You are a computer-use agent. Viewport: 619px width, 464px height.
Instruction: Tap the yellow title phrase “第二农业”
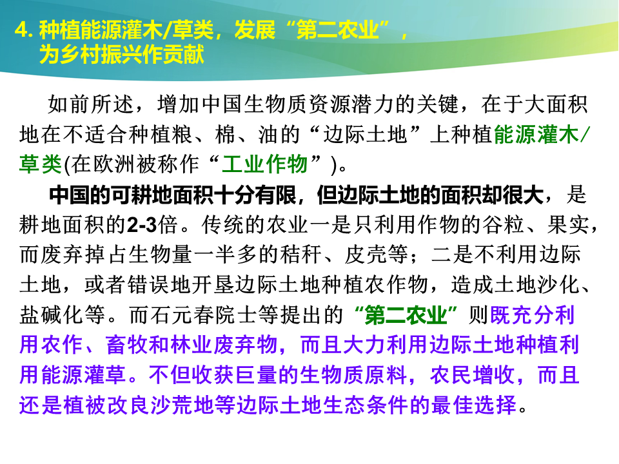pos(337,30)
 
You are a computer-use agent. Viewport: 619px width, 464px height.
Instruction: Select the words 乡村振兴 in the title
pos(101,54)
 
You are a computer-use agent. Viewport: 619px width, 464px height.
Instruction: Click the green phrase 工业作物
pos(264,164)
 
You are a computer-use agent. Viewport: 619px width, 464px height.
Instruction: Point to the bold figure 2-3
pos(142,225)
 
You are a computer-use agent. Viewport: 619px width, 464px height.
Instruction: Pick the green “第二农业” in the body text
pos(406,315)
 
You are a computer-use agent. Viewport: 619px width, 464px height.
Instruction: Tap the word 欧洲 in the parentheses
pos(115,164)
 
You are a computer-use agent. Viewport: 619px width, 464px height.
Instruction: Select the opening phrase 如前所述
pos(91,104)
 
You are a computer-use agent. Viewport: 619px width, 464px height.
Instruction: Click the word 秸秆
pos(301,255)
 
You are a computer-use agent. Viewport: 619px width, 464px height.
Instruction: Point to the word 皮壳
pos(366,255)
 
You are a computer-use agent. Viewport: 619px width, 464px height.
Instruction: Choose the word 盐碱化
pos(51,315)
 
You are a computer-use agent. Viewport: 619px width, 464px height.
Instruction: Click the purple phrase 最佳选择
pos(474,405)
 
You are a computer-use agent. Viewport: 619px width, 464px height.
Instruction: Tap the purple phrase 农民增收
pos(473,375)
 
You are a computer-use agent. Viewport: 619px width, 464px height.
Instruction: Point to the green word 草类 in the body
pos(40,164)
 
